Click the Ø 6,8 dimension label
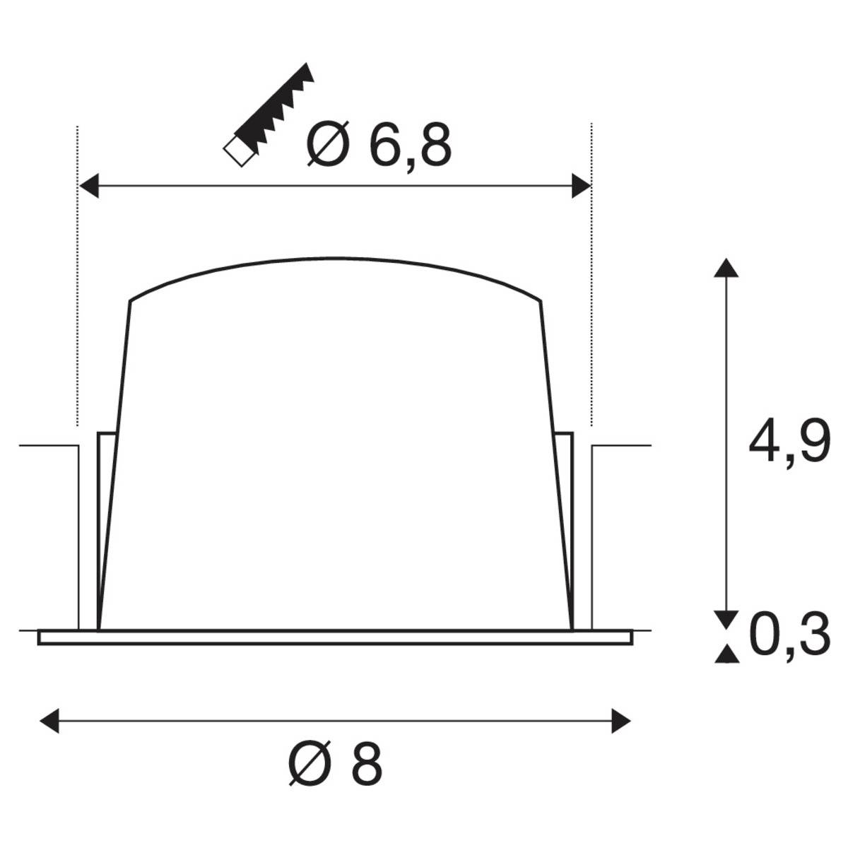click(x=379, y=144)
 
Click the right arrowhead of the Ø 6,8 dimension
click(x=581, y=187)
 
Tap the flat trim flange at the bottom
click(x=336, y=637)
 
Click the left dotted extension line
click(x=76, y=283)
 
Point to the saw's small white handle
click(x=237, y=152)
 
